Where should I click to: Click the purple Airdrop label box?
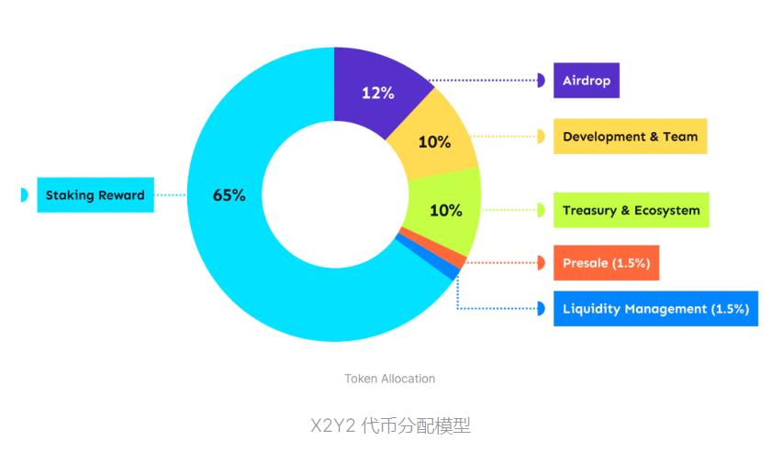(x=587, y=81)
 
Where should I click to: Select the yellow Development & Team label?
(x=630, y=137)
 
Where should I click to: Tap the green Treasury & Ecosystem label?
(x=631, y=210)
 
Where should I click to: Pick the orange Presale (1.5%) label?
(x=606, y=263)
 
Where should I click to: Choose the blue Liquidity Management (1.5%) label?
(x=655, y=309)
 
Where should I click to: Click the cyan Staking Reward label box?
(x=95, y=195)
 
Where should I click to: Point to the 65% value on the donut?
(x=229, y=195)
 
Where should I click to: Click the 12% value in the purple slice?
(x=377, y=93)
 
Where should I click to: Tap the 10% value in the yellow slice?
(x=434, y=142)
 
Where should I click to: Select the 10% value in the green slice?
(x=446, y=210)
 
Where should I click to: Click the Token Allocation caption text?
(x=390, y=379)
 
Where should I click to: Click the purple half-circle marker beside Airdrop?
(x=541, y=81)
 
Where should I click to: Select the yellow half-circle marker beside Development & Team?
(x=541, y=137)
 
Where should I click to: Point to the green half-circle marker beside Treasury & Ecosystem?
(x=541, y=210)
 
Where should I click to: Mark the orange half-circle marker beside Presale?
(x=541, y=263)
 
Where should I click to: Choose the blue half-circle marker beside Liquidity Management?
(x=541, y=309)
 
